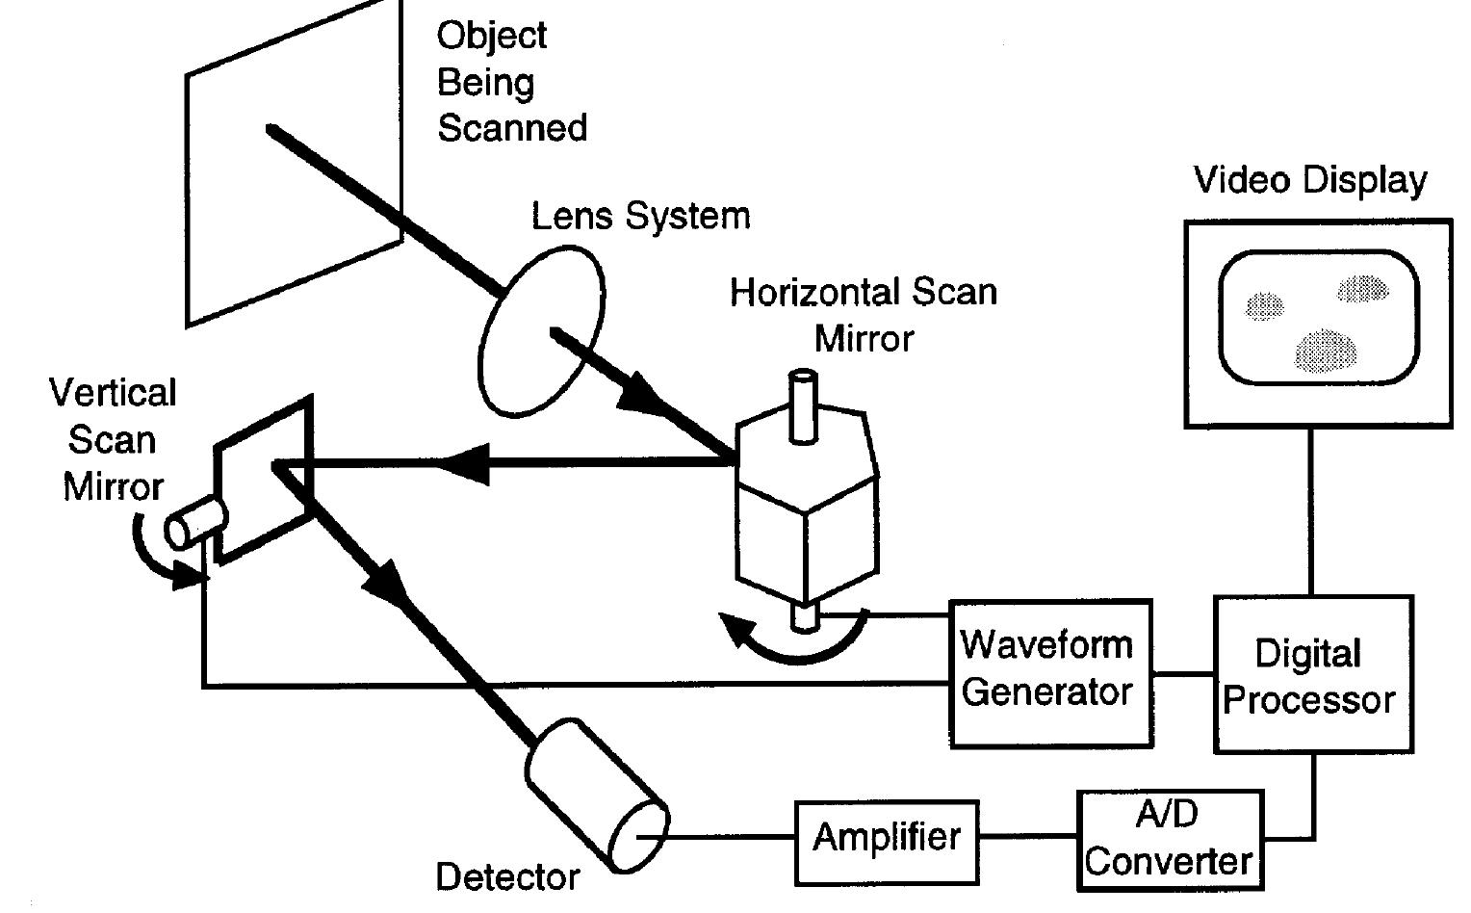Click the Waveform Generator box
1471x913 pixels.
pyautogui.click(x=1049, y=671)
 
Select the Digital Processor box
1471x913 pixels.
pyautogui.click(x=1311, y=674)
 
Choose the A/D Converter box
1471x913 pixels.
pyautogui.click(x=1168, y=840)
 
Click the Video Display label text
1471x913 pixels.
pyautogui.click(x=1309, y=180)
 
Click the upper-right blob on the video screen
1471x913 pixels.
pyautogui.click(x=1363, y=288)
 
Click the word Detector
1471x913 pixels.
pyautogui.click(x=507, y=877)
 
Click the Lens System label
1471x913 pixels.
pyautogui.click(x=640, y=216)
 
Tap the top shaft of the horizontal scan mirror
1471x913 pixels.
pyautogui.click(x=801, y=404)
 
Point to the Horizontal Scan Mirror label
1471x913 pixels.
pyautogui.click(x=863, y=314)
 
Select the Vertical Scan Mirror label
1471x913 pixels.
pyautogui.click(x=113, y=439)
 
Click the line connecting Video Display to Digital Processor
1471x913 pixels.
pyautogui.click(x=1311, y=510)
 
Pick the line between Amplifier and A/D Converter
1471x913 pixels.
pyautogui.click(x=1026, y=837)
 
